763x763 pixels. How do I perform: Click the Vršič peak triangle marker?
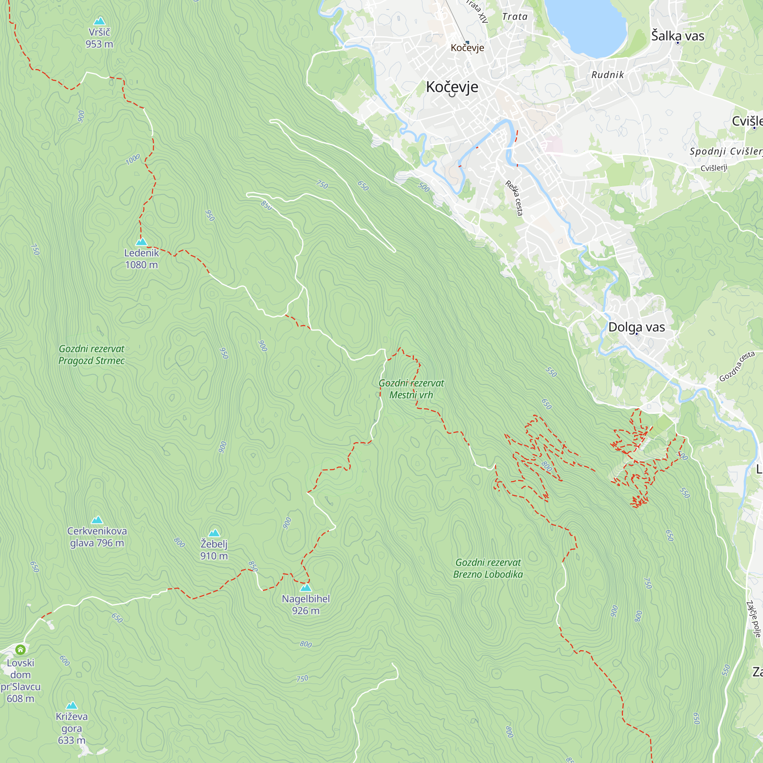coord(99,21)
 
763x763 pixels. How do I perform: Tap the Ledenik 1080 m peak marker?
coord(142,242)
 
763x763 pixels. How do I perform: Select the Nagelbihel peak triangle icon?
coord(306,588)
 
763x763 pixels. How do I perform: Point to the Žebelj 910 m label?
coord(214,550)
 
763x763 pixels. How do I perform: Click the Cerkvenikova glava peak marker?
coord(97,520)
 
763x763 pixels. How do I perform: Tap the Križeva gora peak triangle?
coord(71,706)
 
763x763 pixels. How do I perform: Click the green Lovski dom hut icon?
coord(21,650)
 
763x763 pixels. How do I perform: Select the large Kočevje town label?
coord(452,87)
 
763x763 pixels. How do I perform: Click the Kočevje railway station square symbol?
coord(467,42)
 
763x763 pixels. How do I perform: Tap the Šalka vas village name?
coord(678,36)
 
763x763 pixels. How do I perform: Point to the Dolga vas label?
coord(636,327)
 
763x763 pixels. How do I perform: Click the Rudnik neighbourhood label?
coord(607,75)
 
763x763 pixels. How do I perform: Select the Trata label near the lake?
coord(515,16)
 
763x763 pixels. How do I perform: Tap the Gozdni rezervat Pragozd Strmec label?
coord(91,355)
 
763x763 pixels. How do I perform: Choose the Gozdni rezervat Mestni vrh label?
coord(411,389)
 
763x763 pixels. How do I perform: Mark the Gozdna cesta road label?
coord(737,367)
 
